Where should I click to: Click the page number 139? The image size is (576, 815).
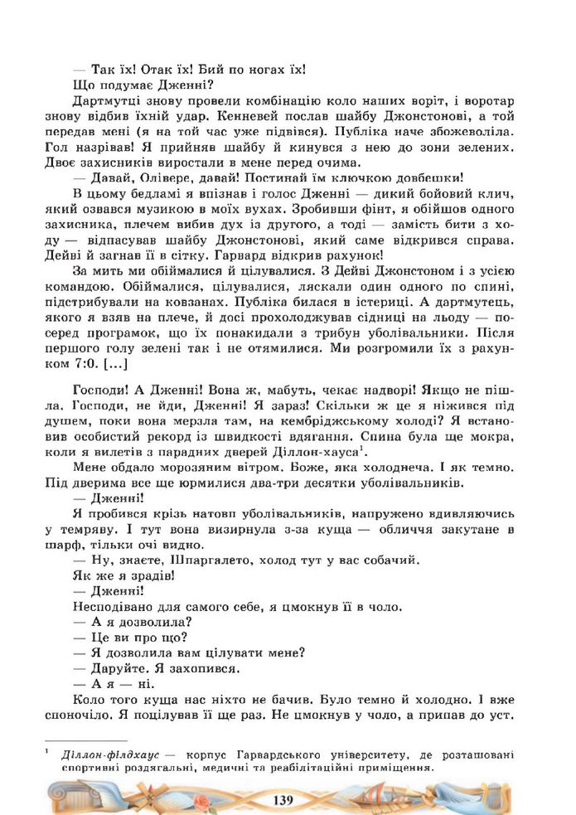pos(283,798)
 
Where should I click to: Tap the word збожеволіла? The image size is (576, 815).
pos(473,131)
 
